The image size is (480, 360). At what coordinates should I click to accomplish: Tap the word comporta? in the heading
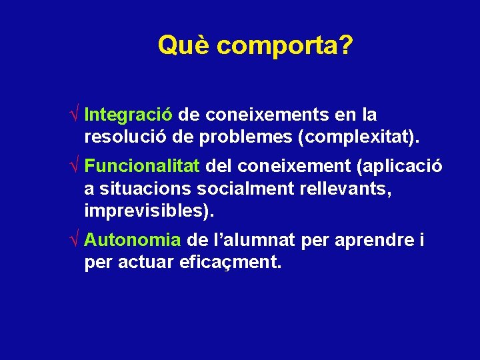click(285, 47)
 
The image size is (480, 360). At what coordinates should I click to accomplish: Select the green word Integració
click(129, 115)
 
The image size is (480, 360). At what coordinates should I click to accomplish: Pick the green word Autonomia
click(133, 239)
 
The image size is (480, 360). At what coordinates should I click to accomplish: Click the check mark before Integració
click(77, 115)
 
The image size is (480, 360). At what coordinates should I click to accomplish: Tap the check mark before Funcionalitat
click(77, 165)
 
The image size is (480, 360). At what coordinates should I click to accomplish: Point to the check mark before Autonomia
click(77, 239)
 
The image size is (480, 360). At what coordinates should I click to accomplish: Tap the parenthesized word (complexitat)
click(359, 138)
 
